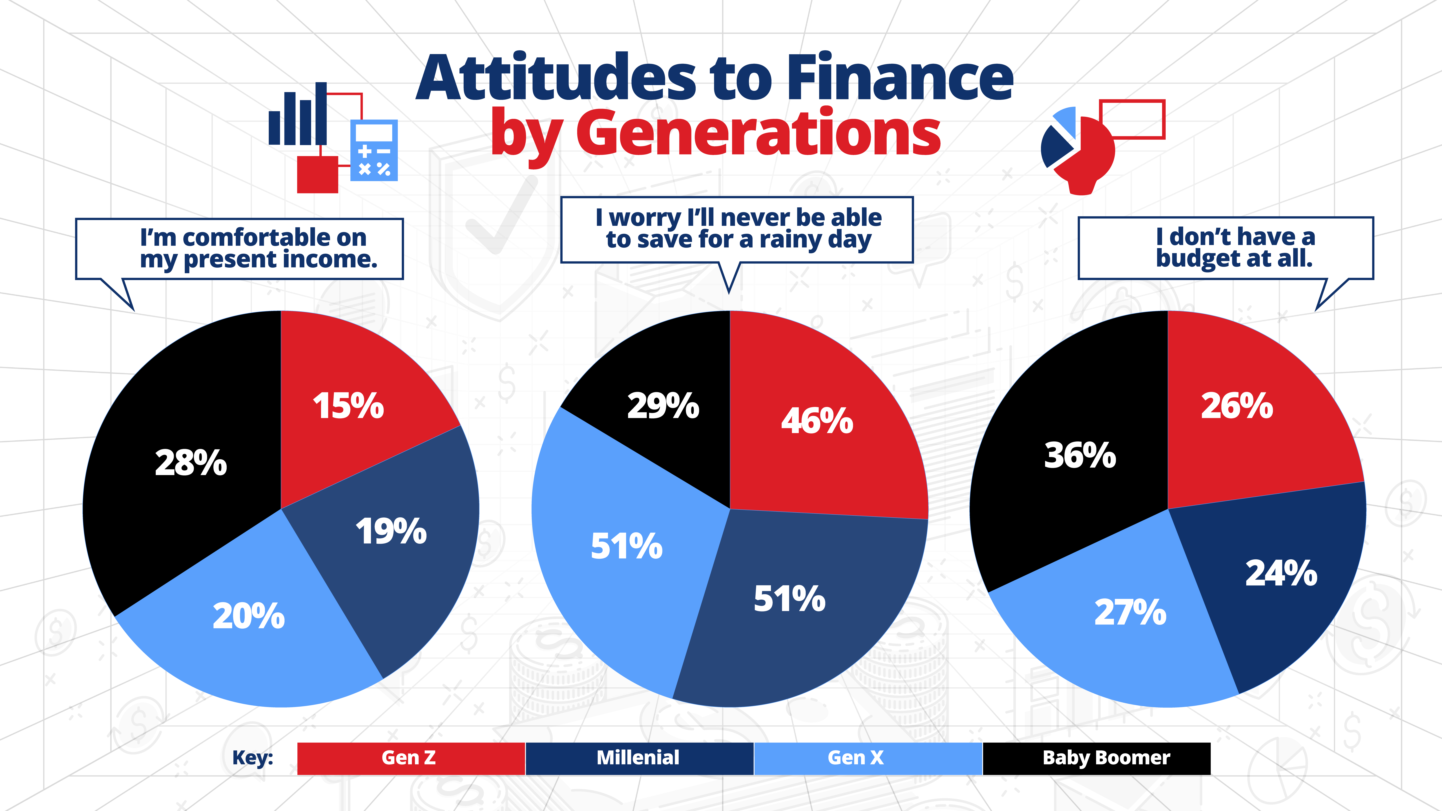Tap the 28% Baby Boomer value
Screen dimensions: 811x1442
191,463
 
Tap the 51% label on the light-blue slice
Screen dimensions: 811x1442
626,546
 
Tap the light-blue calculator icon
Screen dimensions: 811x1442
373,150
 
